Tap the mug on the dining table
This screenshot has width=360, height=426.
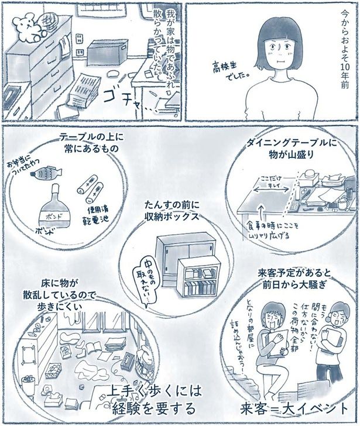(341, 203)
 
